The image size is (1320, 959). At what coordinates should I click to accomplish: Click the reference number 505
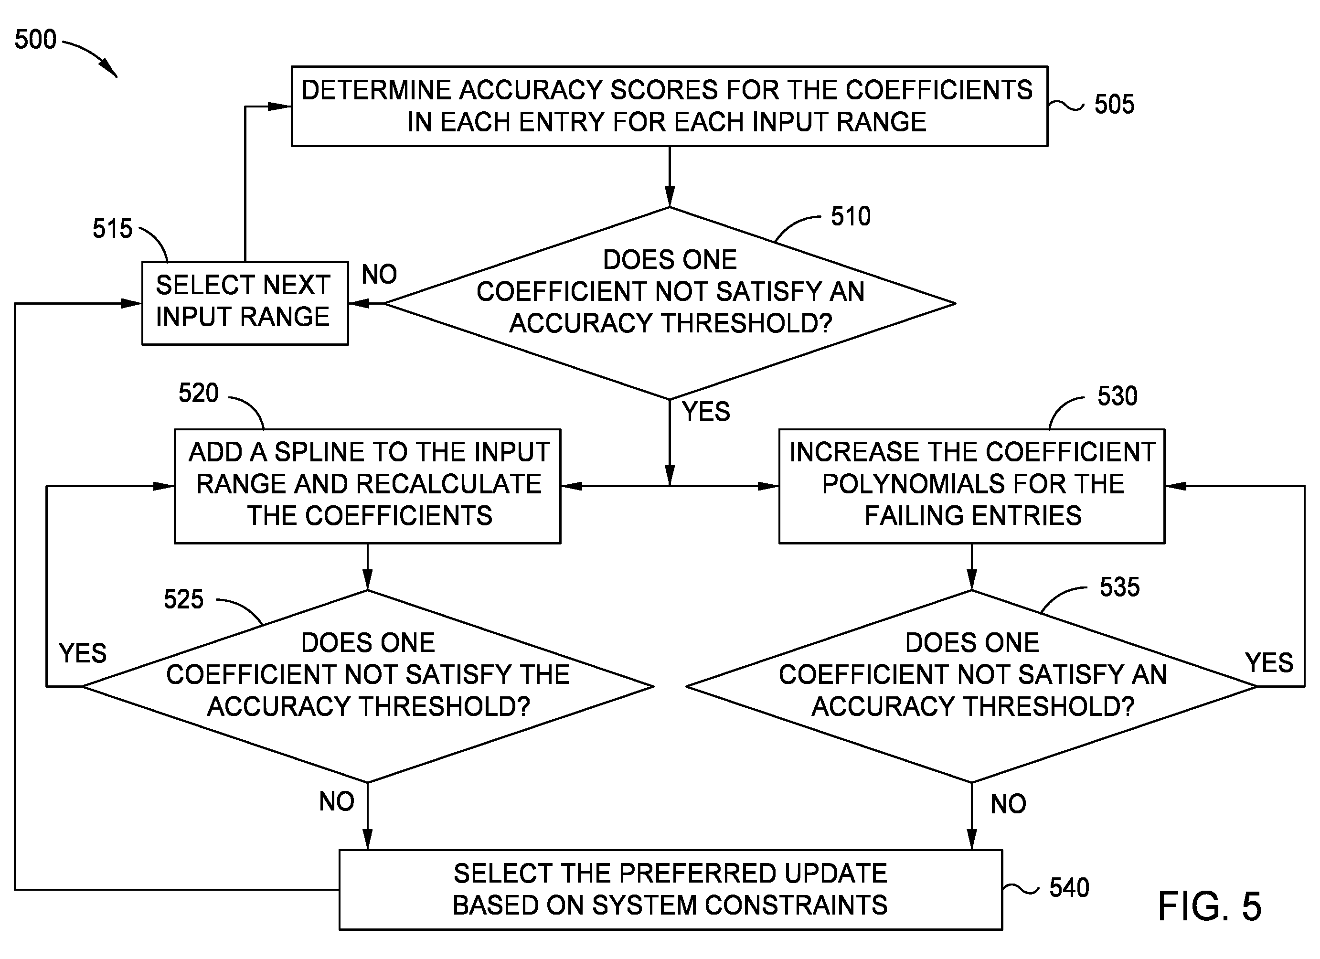click(1114, 104)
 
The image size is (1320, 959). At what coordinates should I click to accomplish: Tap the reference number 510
click(851, 216)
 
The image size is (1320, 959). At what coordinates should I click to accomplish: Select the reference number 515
click(112, 228)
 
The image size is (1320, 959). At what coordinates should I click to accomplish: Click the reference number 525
click(183, 599)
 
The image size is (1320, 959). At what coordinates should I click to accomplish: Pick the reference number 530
click(1118, 396)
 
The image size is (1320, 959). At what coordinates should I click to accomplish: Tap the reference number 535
click(1119, 586)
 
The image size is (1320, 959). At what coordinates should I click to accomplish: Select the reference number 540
click(1069, 887)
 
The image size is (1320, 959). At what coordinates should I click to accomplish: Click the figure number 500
click(35, 39)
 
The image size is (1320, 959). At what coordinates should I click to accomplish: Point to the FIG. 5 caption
click(1209, 906)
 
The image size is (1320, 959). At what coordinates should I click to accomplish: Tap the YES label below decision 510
click(706, 411)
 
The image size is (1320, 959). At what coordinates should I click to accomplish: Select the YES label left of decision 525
click(83, 653)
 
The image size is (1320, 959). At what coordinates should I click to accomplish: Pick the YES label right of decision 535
click(1269, 662)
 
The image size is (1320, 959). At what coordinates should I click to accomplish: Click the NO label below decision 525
click(336, 801)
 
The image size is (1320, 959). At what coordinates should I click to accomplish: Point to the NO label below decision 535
click(1008, 804)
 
